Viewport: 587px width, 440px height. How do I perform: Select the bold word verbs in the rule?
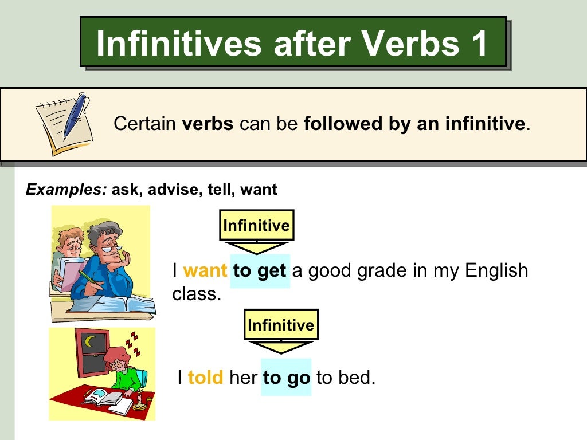208,124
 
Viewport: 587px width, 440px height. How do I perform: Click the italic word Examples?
65,190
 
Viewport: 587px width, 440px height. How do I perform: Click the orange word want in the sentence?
205,271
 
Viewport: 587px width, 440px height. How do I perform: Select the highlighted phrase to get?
260,271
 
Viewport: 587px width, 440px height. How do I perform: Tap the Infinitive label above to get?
256,225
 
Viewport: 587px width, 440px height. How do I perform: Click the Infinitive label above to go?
281,325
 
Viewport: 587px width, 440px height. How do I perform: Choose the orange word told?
205,378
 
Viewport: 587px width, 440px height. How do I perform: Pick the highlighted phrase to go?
286,378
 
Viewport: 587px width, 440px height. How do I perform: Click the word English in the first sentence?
496,271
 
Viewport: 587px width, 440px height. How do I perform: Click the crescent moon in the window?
89,342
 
